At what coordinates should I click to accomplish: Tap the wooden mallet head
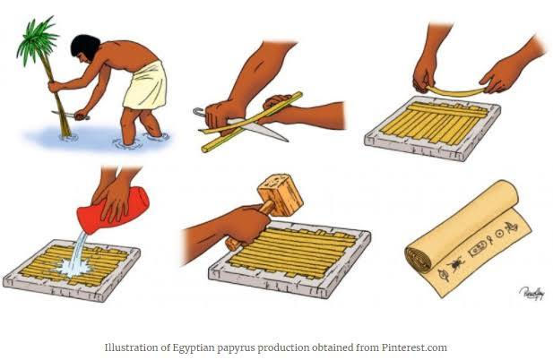pyautogui.click(x=281, y=194)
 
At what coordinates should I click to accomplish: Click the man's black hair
pyautogui.click(x=84, y=46)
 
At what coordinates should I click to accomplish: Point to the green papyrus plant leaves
pyautogui.click(x=37, y=39)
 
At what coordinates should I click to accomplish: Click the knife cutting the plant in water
pyautogui.click(x=70, y=116)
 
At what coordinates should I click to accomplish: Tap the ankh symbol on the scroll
pyautogui.click(x=490, y=241)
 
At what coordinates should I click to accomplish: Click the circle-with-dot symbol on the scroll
pyautogui.click(x=499, y=233)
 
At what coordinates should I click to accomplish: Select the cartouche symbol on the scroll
pyautogui.click(x=476, y=248)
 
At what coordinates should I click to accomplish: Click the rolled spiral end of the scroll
pyautogui.click(x=419, y=258)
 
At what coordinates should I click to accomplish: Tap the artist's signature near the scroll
pyautogui.click(x=531, y=293)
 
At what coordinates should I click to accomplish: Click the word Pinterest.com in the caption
pyautogui.click(x=414, y=347)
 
